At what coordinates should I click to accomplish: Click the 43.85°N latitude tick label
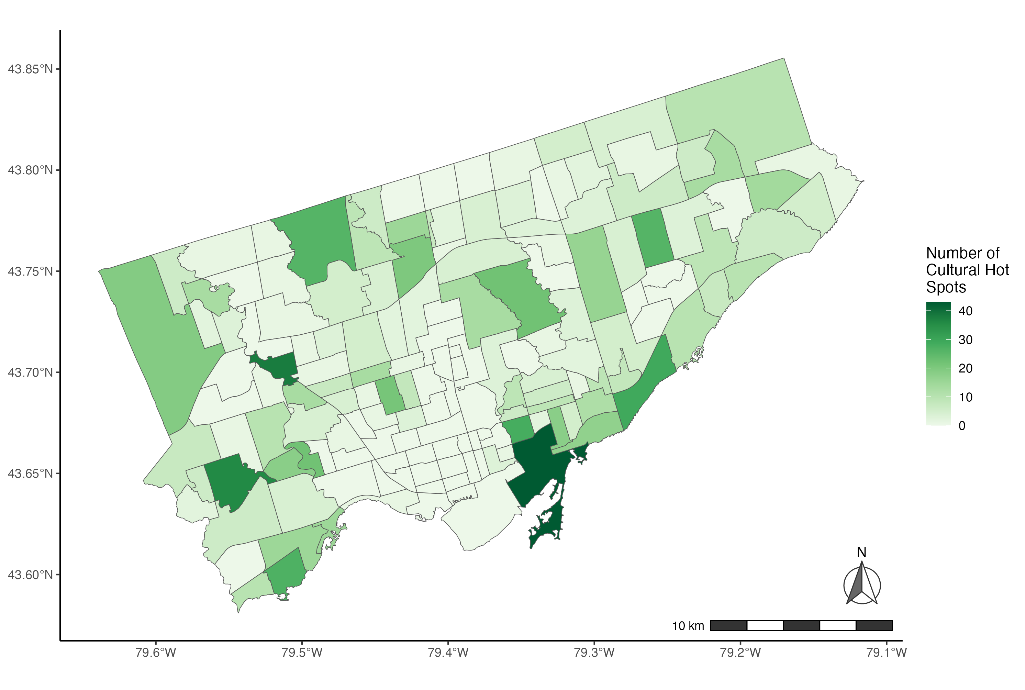click(x=30, y=69)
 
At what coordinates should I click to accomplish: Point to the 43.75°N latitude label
click(x=30, y=271)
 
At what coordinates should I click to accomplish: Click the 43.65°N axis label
click(x=30, y=474)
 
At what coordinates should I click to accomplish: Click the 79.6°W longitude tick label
click(x=156, y=653)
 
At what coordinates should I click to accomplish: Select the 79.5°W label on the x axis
click(x=302, y=653)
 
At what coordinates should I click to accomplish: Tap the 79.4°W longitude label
click(x=448, y=653)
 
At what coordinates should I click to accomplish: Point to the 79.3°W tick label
click(x=594, y=653)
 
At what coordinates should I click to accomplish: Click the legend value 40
click(x=965, y=311)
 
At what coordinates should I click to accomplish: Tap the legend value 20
click(x=965, y=368)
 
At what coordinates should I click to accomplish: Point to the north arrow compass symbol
click(x=862, y=585)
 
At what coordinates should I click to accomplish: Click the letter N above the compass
click(x=861, y=552)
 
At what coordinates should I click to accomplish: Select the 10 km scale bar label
click(x=688, y=626)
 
